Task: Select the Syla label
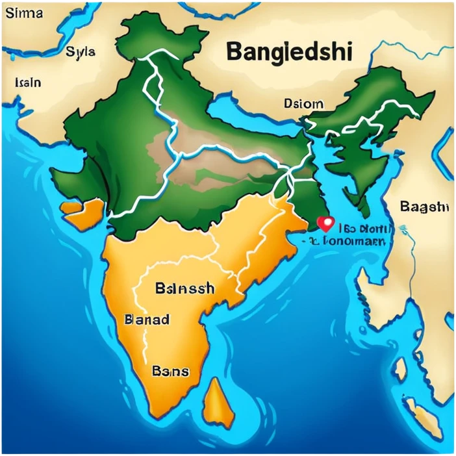[81, 53]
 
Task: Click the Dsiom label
[303, 103]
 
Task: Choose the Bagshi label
[425, 207]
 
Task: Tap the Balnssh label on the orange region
[184, 289]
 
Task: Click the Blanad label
[146, 320]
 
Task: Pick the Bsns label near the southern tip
[170, 372]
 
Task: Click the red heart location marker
[325, 224]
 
